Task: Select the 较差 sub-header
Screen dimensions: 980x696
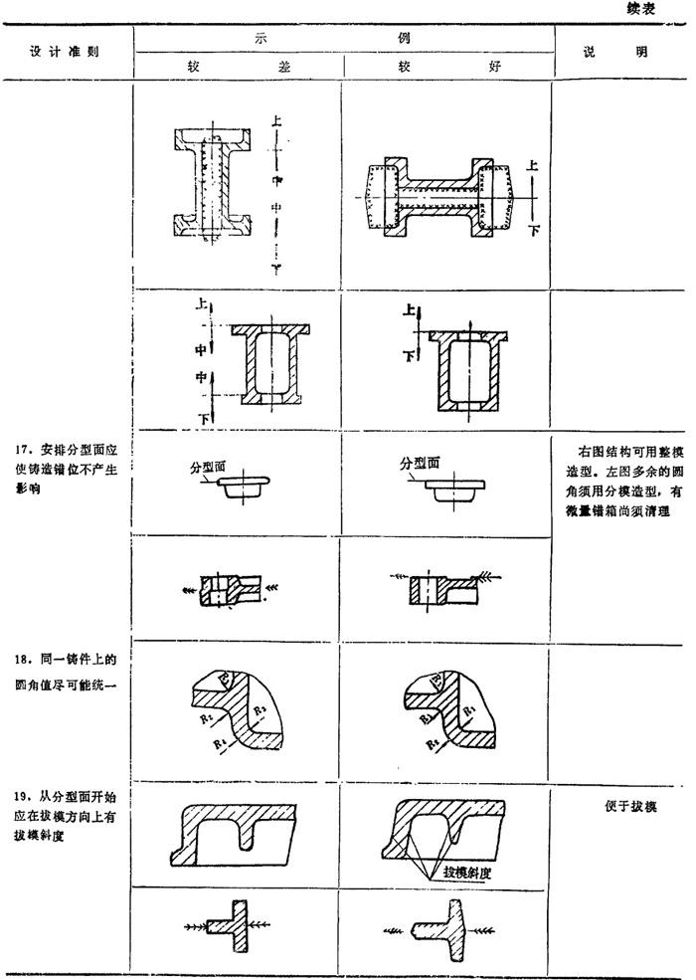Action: [238, 66]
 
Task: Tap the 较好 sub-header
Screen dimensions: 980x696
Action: [447, 66]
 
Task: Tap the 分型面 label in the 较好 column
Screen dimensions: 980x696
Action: [421, 463]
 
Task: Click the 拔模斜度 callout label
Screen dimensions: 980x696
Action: [470, 872]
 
